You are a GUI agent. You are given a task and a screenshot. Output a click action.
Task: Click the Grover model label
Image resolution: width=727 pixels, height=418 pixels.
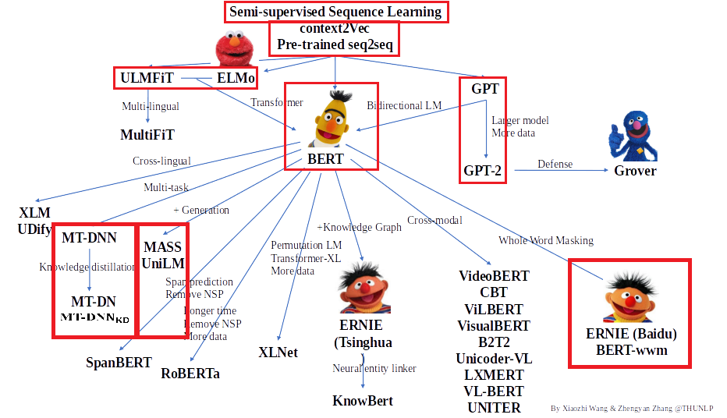click(635, 171)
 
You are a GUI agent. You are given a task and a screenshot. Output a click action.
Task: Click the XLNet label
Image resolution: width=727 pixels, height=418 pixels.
click(278, 352)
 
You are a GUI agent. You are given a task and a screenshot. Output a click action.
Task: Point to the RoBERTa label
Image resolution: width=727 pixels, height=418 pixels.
click(190, 373)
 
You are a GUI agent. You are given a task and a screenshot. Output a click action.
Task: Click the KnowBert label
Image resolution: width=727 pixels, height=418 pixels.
click(363, 401)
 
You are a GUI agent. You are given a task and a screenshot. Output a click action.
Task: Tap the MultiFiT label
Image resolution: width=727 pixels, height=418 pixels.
click(148, 135)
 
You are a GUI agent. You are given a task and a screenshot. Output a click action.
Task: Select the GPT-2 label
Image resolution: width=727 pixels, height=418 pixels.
click(483, 171)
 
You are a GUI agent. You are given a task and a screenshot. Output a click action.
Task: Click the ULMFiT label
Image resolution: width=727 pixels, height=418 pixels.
click(147, 79)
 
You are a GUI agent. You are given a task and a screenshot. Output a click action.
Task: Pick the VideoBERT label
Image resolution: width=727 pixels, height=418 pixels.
click(494, 276)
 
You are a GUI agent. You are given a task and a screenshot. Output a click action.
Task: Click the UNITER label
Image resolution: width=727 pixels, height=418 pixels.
click(494, 407)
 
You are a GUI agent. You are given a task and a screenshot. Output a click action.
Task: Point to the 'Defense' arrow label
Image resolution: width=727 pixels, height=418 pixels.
click(555, 164)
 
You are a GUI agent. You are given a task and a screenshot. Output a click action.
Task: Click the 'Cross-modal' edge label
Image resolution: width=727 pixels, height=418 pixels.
click(434, 220)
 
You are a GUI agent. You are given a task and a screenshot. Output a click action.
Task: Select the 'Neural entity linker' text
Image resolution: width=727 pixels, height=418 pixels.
click(374, 368)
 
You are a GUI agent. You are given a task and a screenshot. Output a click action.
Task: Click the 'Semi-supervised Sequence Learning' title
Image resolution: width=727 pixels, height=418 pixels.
click(336, 12)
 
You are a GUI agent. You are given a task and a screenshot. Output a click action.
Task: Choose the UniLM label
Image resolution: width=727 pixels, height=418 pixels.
click(163, 264)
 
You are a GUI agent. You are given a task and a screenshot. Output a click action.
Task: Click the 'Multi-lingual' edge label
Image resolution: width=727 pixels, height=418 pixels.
click(151, 106)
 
